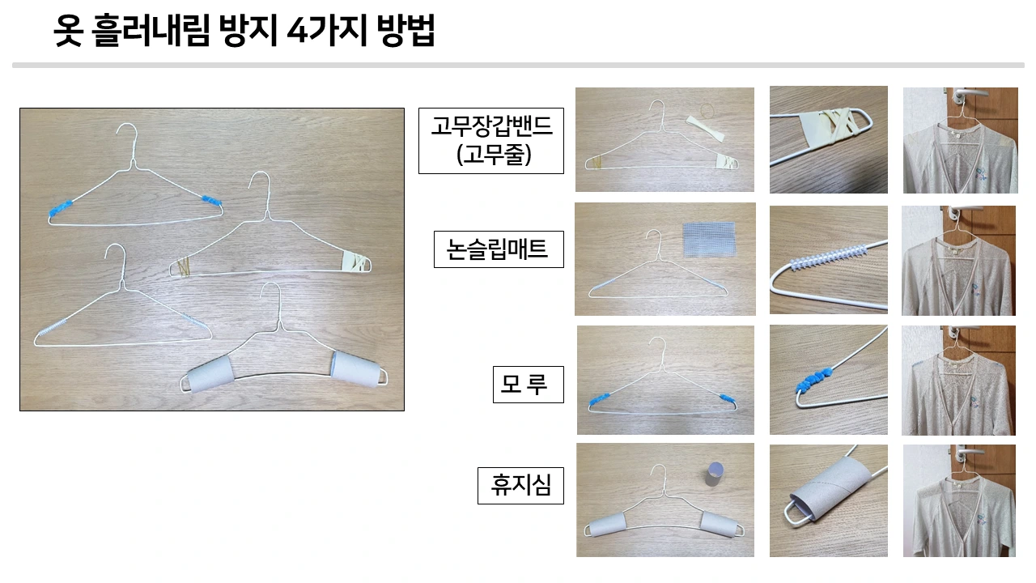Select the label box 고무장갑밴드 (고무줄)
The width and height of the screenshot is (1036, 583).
[490, 140]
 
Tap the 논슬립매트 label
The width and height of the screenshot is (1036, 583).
[498, 249]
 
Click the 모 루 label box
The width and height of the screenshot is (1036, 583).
[527, 385]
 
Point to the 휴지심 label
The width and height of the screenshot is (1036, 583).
[520, 485]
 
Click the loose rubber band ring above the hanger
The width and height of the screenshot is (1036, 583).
[710, 107]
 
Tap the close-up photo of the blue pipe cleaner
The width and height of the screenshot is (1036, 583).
[827, 380]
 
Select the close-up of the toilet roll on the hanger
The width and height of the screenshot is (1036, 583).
[827, 500]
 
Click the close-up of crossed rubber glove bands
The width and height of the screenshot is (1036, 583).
[827, 139]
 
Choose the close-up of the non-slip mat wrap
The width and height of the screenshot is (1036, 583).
[827, 259]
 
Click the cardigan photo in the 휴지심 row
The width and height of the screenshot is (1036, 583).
[959, 500]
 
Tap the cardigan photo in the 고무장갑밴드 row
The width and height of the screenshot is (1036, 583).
[960, 140]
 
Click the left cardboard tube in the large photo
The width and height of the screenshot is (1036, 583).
[209, 376]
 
